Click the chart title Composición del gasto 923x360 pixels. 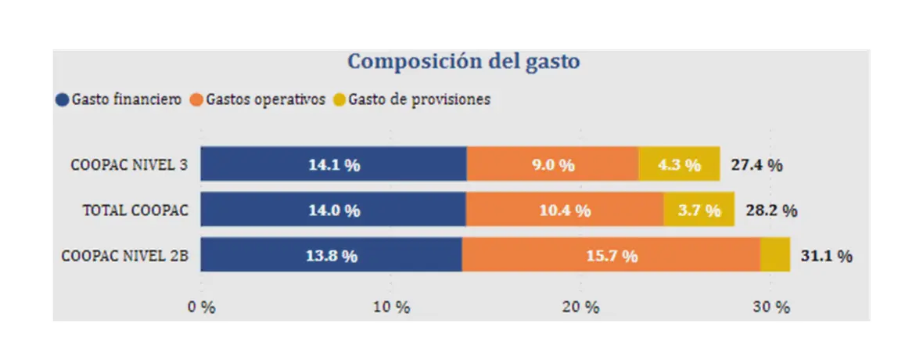[x=463, y=61]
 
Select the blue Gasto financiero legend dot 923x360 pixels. [x=63, y=100]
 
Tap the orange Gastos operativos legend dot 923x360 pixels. [x=196, y=100]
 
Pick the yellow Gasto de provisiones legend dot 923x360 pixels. [x=339, y=100]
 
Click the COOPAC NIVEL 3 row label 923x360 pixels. [x=129, y=165]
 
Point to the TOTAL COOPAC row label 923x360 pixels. [x=136, y=211]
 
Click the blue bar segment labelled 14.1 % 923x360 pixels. [x=334, y=164]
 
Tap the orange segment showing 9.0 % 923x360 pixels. [x=552, y=164]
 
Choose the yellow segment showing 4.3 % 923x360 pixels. [x=679, y=164]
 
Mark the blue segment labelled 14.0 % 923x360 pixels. [x=333, y=210]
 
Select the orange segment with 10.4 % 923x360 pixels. [x=565, y=210]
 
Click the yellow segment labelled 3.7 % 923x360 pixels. [x=699, y=210]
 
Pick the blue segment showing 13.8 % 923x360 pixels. [x=331, y=255]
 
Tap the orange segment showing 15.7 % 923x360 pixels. [x=611, y=255]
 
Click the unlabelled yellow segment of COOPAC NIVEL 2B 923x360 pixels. [x=775, y=255]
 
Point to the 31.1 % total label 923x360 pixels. [x=826, y=256]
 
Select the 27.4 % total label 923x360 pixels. [x=756, y=165]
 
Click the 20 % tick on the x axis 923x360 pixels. [x=580, y=307]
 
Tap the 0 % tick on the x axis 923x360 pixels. [x=201, y=307]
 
